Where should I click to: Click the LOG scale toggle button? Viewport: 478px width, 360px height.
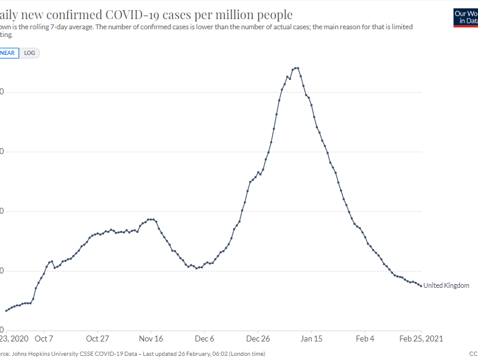coord(29,53)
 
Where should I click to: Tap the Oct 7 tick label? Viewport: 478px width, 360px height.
coord(44,339)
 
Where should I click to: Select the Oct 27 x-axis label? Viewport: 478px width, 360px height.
coord(97,339)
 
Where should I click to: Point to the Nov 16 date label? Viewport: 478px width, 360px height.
coord(151,339)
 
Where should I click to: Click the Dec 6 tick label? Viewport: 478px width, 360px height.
coord(204,339)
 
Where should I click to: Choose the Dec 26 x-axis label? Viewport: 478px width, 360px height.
coord(258,339)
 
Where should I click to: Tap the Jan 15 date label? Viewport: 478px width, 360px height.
coord(312,339)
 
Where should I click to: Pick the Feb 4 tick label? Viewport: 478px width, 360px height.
coord(365,339)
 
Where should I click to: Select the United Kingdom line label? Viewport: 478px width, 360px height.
coord(446,285)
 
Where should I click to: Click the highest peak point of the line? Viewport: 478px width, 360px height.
coord(296,68)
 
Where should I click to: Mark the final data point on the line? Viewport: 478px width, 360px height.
coord(421,285)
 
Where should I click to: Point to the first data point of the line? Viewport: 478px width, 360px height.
coord(6,310)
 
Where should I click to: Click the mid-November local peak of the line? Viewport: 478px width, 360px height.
coord(151,219)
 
